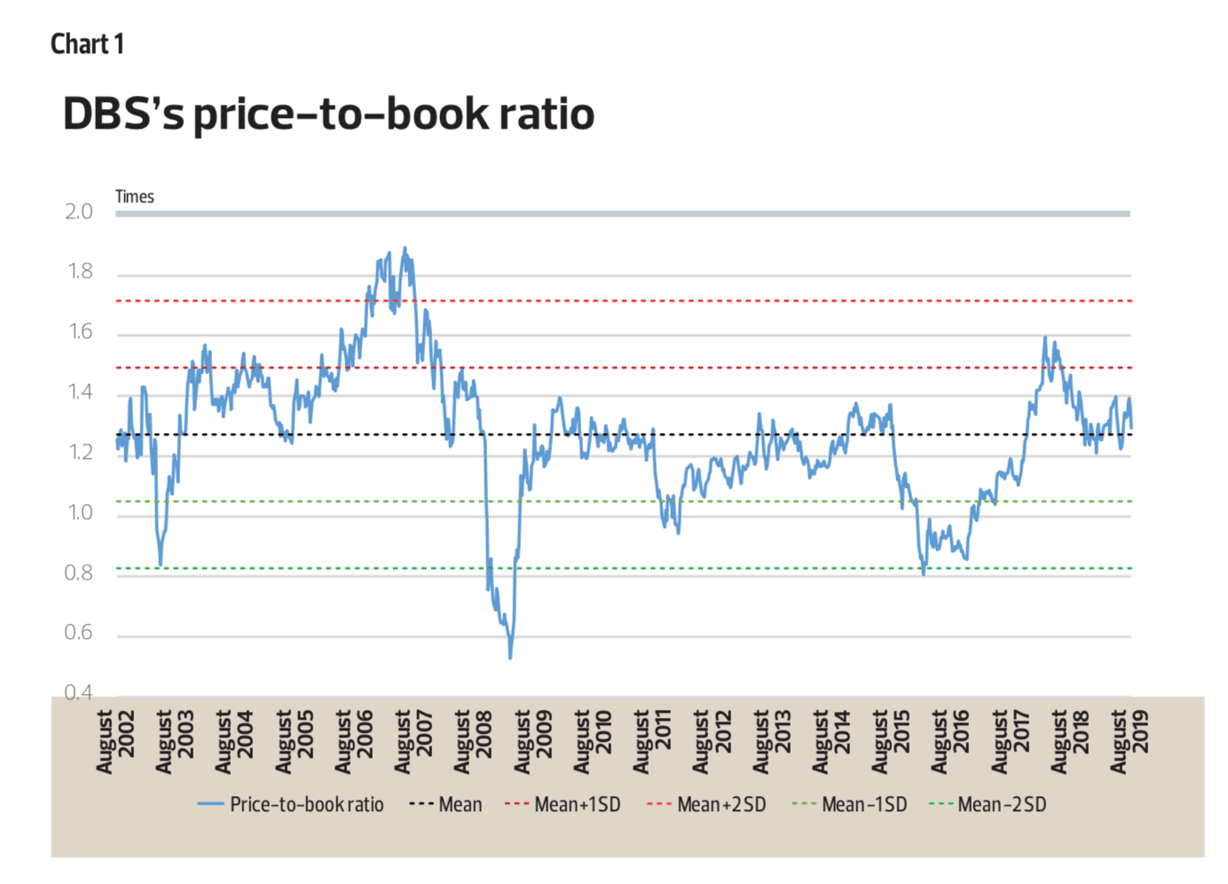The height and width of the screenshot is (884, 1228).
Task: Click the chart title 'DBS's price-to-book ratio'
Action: coord(328,114)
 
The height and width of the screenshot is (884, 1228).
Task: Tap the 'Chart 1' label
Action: coord(87,44)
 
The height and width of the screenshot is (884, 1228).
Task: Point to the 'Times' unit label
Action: coord(135,197)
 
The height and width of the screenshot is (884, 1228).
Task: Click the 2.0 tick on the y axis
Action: coord(79,212)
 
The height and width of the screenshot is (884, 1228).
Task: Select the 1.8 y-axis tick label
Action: coord(80,272)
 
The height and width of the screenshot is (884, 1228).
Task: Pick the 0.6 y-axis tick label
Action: coord(79,633)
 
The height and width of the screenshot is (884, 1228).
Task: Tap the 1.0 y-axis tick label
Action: coord(80,513)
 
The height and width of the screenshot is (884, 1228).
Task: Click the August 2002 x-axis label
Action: coord(116,741)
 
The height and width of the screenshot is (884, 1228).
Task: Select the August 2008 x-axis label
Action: coord(474,741)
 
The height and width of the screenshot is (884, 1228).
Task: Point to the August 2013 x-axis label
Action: coord(772,741)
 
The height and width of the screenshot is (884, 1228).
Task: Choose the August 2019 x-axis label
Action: coord(1130,741)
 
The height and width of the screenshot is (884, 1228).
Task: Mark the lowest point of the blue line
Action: coord(510,658)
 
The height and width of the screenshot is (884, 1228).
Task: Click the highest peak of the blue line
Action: coord(405,249)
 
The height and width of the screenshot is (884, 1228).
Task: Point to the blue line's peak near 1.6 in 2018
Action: coord(1044,337)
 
